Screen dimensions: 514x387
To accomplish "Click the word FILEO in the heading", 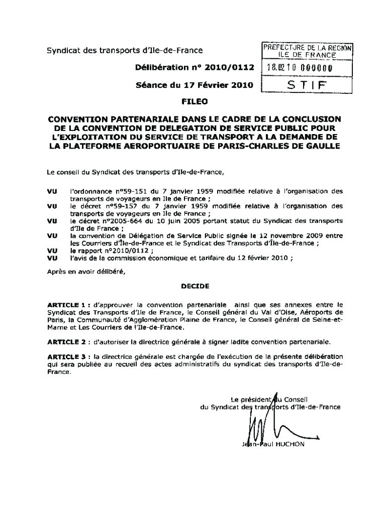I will click(193, 101).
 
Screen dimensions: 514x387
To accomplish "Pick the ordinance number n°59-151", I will click(121, 191).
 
